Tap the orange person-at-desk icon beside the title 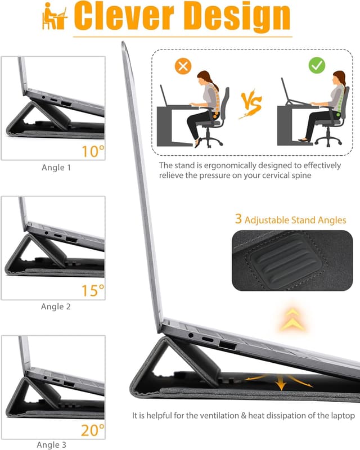(x=55, y=18)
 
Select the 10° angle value (x=93, y=150)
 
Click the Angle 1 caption (x=56, y=168)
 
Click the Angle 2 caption (x=56, y=307)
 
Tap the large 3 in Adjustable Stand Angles (x=238, y=220)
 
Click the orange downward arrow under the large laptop (x=280, y=384)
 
